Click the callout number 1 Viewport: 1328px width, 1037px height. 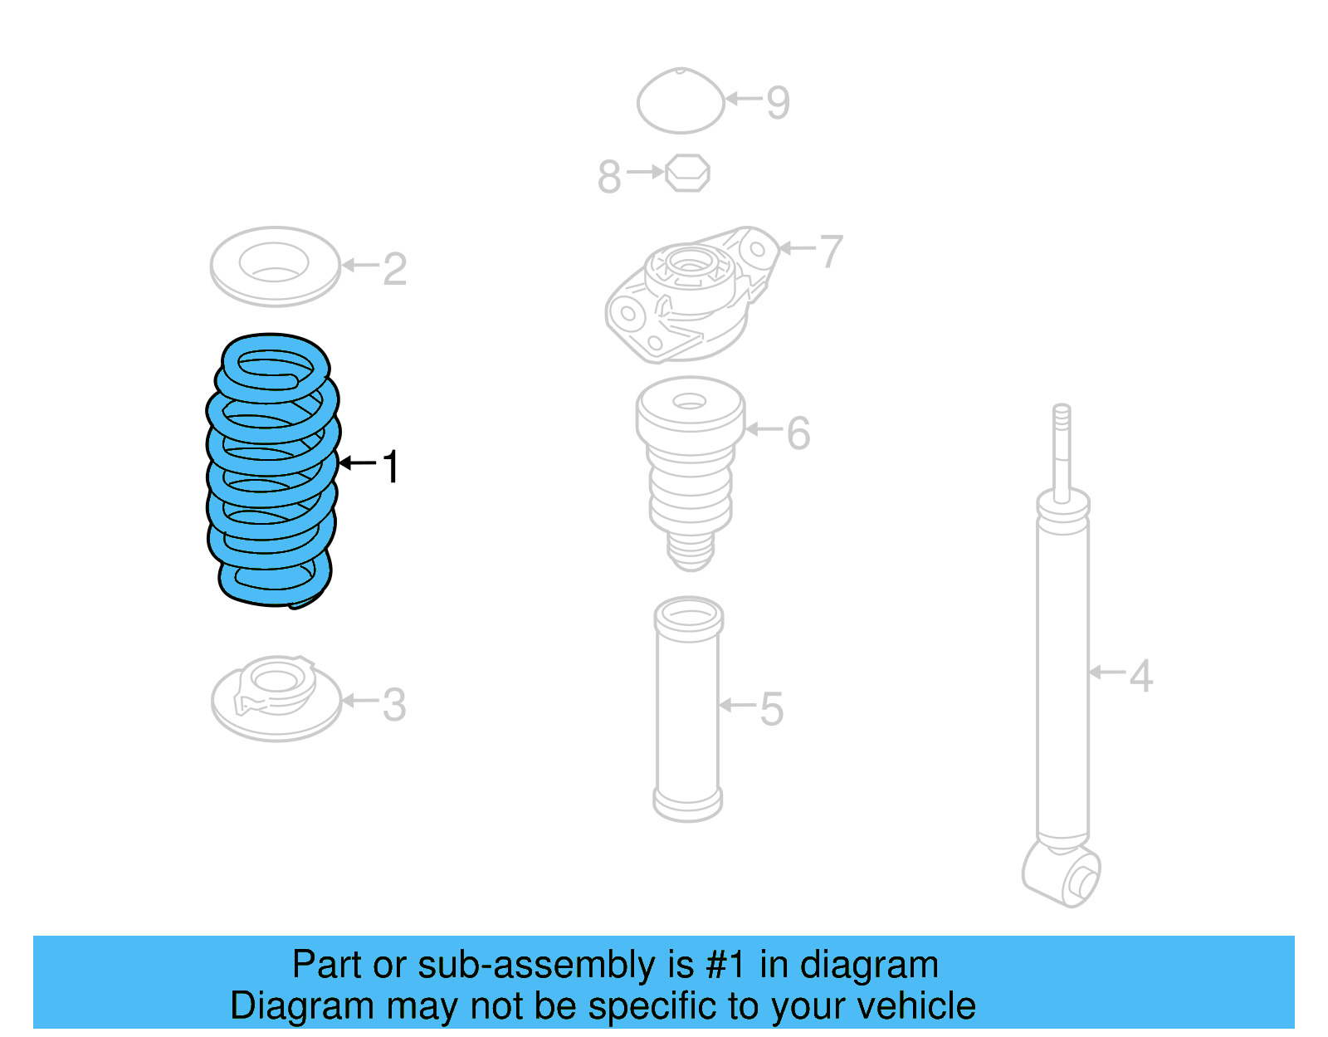coord(390,467)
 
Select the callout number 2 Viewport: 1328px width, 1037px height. coord(395,269)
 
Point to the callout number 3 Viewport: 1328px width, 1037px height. coord(394,705)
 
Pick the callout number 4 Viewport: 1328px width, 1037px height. coord(1141,676)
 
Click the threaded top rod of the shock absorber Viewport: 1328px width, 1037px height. coord(1062,448)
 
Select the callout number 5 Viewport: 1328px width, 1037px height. coord(772,709)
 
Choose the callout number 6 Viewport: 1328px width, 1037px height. coord(798,433)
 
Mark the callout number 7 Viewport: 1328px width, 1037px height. coord(831,251)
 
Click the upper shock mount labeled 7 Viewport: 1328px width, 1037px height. coord(689,295)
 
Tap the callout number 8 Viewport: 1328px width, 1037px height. coord(609,177)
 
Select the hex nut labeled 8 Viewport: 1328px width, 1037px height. coord(687,173)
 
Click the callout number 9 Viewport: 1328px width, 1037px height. coord(778,103)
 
